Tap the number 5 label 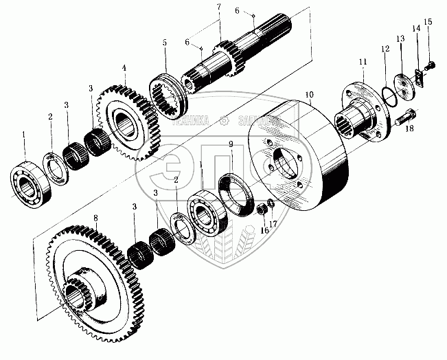click(x=165, y=43)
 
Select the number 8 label click(x=96, y=218)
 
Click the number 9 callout click(x=231, y=144)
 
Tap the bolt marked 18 click(x=406, y=117)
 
